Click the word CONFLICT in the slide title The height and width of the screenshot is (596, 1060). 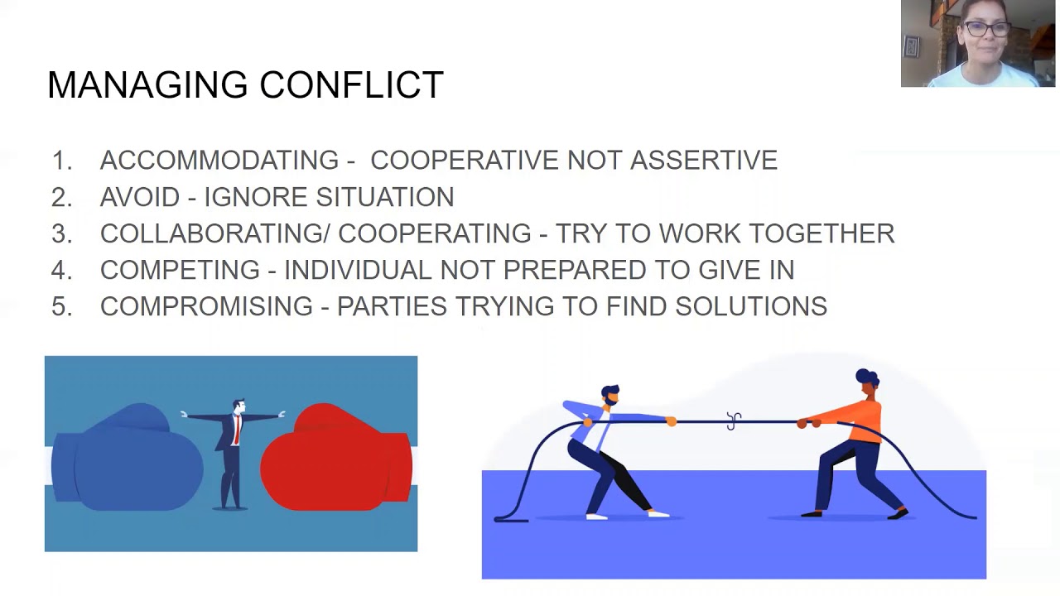pos(351,85)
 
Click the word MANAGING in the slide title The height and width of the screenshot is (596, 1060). pos(147,85)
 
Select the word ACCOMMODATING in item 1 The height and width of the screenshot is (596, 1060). pos(219,160)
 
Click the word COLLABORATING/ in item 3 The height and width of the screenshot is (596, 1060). pos(214,233)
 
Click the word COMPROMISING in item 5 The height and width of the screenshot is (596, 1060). pos(206,306)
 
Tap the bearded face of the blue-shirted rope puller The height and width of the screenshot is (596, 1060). pos(610,396)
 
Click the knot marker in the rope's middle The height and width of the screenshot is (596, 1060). pos(734,421)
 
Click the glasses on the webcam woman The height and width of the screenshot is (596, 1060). pos(987,29)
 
